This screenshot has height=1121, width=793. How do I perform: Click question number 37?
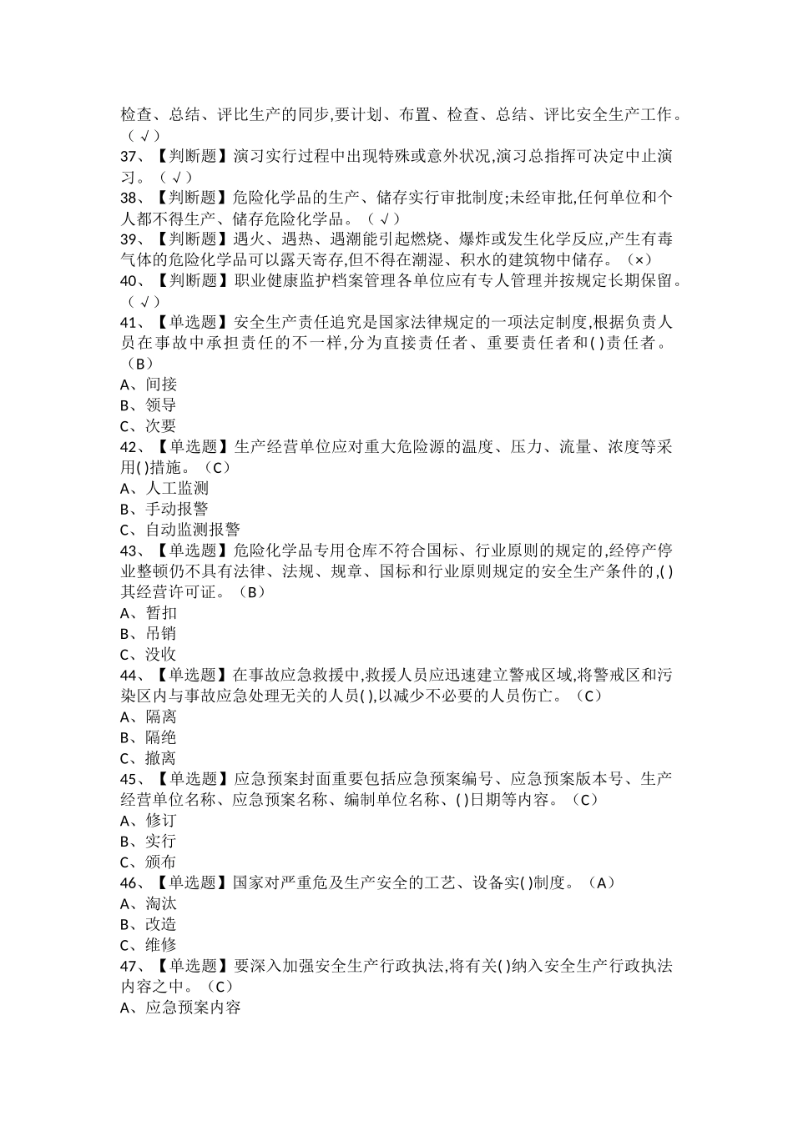[x=130, y=157]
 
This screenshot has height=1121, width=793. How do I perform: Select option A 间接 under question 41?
[x=149, y=385]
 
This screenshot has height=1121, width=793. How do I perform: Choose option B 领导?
[x=149, y=405]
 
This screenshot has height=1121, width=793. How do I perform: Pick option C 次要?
[x=149, y=426]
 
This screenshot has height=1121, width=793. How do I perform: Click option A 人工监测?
[x=164, y=489]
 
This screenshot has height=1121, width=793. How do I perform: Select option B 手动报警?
[x=164, y=509]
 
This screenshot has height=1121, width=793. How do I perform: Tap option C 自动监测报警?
[x=180, y=530]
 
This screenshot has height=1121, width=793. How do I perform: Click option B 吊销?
[x=149, y=634]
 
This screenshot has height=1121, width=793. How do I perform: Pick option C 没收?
[x=149, y=655]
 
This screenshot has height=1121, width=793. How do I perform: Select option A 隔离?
[x=149, y=716]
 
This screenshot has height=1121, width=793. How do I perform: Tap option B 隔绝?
[x=149, y=737]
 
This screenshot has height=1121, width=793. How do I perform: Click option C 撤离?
[x=149, y=758]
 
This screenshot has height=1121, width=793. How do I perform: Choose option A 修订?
[x=149, y=821]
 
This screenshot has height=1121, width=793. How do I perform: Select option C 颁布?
[x=149, y=862]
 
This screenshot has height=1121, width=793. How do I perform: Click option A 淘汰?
[x=149, y=903]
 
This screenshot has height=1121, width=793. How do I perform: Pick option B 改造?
[x=149, y=924]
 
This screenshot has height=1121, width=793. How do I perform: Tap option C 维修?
[x=149, y=945]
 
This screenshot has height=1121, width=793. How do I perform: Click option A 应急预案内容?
[x=180, y=1008]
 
